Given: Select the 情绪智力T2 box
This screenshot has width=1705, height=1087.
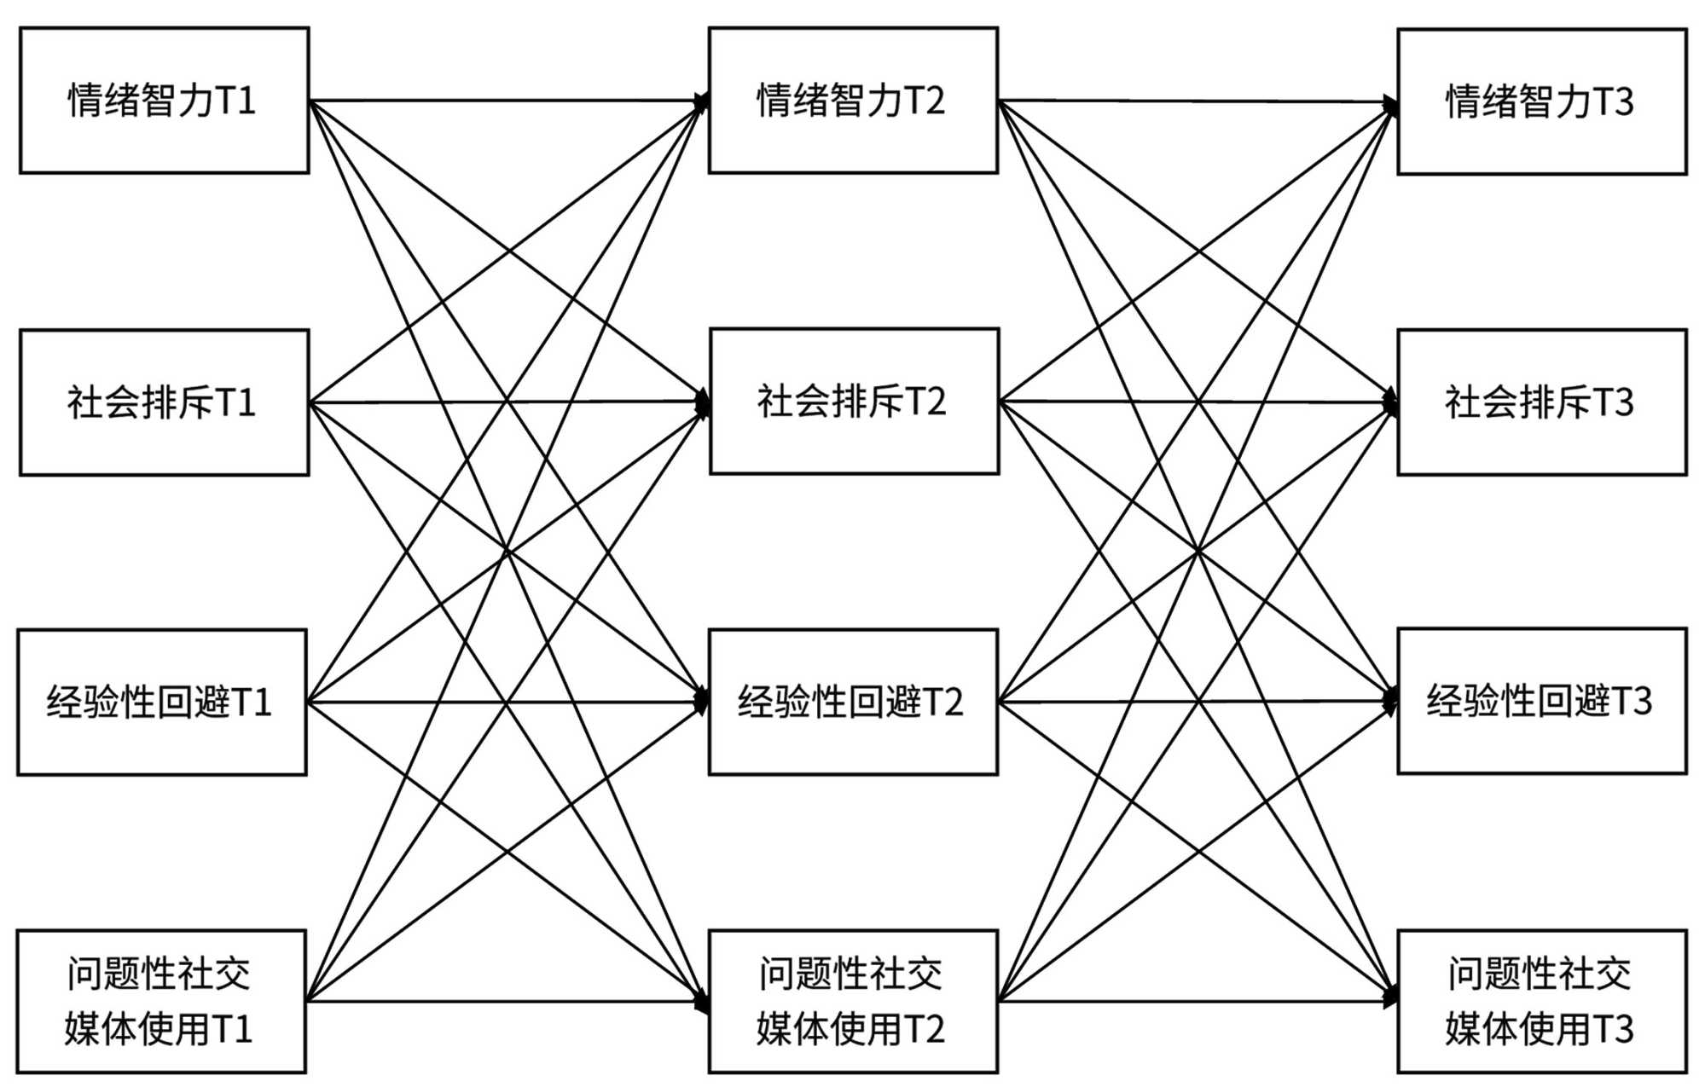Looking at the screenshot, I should [x=853, y=101].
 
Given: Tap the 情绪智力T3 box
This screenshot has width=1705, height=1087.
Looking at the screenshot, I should [x=1541, y=101].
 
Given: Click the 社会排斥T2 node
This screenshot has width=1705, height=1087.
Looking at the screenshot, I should [x=854, y=402].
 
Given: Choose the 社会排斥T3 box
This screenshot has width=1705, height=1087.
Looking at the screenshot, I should [x=1541, y=402].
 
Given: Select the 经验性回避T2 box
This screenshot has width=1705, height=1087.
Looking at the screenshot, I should [x=853, y=703].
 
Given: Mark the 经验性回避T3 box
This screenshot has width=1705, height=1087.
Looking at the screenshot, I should [x=1541, y=702].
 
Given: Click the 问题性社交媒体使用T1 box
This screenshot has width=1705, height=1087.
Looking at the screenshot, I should [x=161, y=1001].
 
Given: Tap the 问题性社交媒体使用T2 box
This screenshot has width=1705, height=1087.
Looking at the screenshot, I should [x=853, y=1001].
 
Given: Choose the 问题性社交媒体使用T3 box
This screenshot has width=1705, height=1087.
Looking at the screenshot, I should [x=1541, y=1001].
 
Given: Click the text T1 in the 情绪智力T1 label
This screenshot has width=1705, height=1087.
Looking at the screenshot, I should [x=236, y=101].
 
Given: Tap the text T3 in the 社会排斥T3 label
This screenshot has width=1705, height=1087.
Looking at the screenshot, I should [x=1614, y=402].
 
